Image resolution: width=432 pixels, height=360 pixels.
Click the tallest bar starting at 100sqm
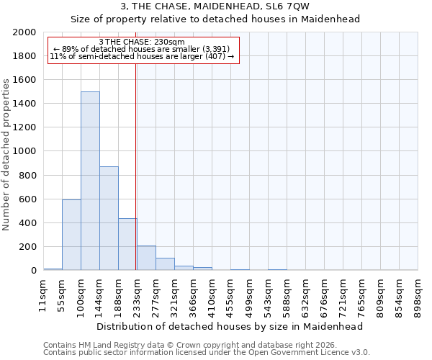[x=90, y=181]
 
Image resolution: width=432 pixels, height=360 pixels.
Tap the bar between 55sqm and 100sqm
[x=71, y=235]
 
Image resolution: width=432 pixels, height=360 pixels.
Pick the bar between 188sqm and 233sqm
[x=127, y=244]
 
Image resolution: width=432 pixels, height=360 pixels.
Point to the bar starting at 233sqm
[x=146, y=258]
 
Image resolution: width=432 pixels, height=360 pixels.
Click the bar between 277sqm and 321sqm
[x=165, y=264]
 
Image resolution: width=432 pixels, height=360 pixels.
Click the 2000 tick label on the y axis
[x=24, y=32]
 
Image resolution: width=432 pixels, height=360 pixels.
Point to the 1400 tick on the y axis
[x=24, y=104]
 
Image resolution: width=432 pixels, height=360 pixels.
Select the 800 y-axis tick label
[x=27, y=175]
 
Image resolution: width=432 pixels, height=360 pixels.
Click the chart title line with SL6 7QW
[x=215, y=6]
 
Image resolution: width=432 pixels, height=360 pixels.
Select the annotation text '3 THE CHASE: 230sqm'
[x=142, y=42]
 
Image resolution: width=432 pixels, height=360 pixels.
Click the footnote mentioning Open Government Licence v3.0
[x=207, y=353]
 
